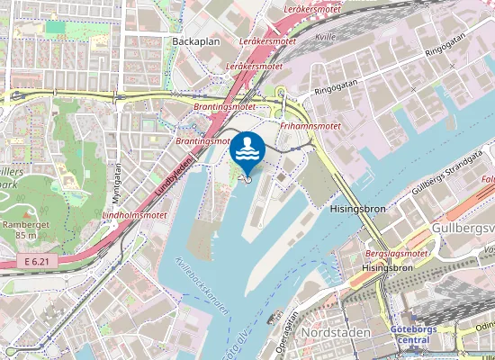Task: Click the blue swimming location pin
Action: click(x=247, y=150)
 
